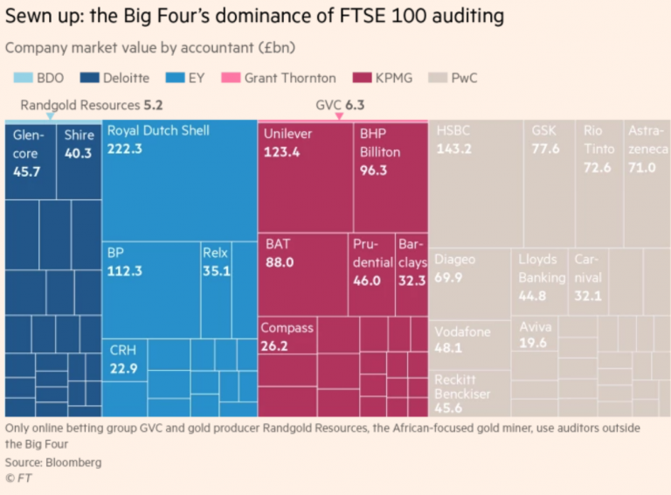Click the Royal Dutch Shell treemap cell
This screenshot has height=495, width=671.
click(179, 179)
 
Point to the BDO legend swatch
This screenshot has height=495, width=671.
click(17, 78)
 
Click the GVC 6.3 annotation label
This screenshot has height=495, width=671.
click(340, 105)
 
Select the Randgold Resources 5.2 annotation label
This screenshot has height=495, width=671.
click(85, 105)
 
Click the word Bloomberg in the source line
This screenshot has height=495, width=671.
click(74, 461)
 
